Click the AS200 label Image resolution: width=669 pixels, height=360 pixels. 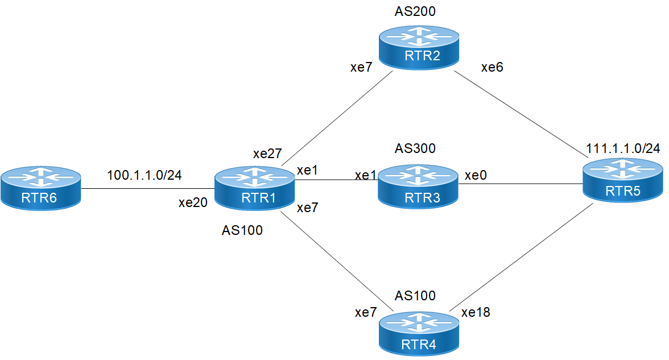click(x=415, y=12)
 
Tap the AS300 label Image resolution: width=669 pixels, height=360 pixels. click(x=415, y=149)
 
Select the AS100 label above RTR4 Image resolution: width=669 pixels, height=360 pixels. click(x=415, y=296)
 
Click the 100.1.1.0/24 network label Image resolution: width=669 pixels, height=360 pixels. click(x=144, y=175)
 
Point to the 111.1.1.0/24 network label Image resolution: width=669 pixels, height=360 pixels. click(x=623, y=149)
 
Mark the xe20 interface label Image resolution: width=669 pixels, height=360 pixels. click(x=192, y=202)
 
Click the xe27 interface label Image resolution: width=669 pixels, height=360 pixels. click(x=267, y=155)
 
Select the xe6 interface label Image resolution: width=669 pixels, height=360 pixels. click(x=492, y=68)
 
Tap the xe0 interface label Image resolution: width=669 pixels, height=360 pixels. click(x=475, y=176)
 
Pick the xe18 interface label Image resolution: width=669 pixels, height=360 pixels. click(x=476, y=312)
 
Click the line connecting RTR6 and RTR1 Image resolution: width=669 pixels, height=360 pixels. click(x=148, y=189)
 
